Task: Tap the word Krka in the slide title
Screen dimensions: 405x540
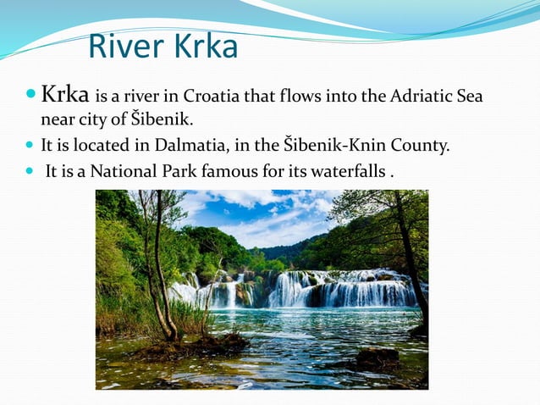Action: point(205,47)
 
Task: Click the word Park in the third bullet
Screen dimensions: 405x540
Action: point(186,170)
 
